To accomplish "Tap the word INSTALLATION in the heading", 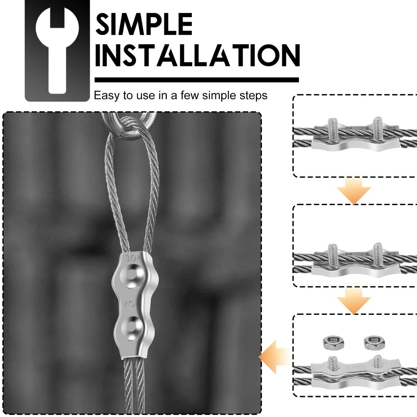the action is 198,55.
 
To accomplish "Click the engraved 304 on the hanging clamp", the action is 133,258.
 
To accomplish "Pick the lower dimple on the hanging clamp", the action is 132,328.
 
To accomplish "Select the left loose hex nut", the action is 334,342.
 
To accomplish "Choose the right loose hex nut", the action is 374,342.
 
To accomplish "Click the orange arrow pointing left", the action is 275,357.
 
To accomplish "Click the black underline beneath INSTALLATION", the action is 197,80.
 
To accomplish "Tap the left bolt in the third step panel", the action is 333,363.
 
